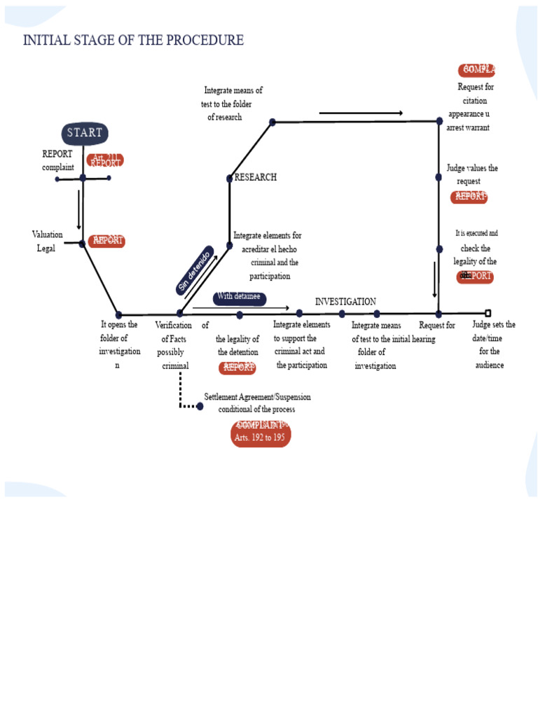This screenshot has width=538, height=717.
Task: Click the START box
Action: coord(85,133)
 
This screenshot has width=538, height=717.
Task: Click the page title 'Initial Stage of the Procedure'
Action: coord(133,41)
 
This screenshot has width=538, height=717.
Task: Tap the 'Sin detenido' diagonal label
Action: coord(195,270)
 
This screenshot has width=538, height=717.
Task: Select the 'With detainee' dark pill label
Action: coord(239,298)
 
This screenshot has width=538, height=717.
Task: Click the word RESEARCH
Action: coord(255,178)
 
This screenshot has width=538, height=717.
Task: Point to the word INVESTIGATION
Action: coord(345,302)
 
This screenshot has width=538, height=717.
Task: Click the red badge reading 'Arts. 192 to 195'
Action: coord(261,433)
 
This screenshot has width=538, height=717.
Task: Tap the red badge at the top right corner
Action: coord(477,70)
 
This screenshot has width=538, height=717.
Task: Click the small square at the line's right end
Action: coord(488,313)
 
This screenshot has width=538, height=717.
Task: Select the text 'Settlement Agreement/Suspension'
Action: coord(257,397)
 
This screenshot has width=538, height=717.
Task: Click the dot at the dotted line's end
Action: coord(200,406)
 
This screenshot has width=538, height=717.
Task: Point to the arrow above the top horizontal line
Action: coord(361,113)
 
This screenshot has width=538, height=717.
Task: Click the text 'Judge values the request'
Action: coord(471,174)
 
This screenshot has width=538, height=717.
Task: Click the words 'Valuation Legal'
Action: coord(47,242)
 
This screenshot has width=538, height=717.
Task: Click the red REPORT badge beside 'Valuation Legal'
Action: coord(107,241)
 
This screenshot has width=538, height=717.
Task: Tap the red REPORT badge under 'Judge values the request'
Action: coord(469,197)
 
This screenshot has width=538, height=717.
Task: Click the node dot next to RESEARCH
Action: coord(229,179)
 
